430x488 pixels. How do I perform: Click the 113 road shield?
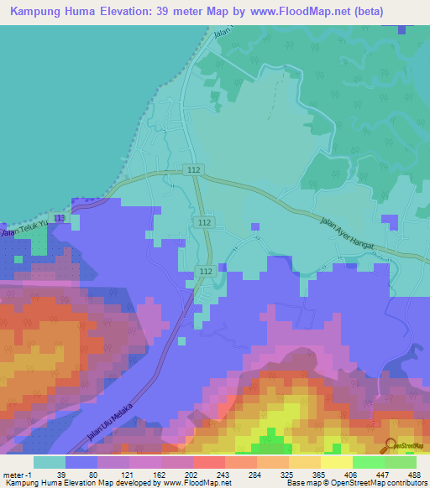[59, 218]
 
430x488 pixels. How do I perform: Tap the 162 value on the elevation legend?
[160, 474]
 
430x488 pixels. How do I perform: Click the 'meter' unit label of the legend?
[13, 474]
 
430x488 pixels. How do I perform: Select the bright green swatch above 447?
[369, 462]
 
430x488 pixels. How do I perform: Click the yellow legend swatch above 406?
[337, 462]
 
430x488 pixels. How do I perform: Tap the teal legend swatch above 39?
[50, 462]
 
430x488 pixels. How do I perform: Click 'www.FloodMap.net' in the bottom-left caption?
[184, 483]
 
